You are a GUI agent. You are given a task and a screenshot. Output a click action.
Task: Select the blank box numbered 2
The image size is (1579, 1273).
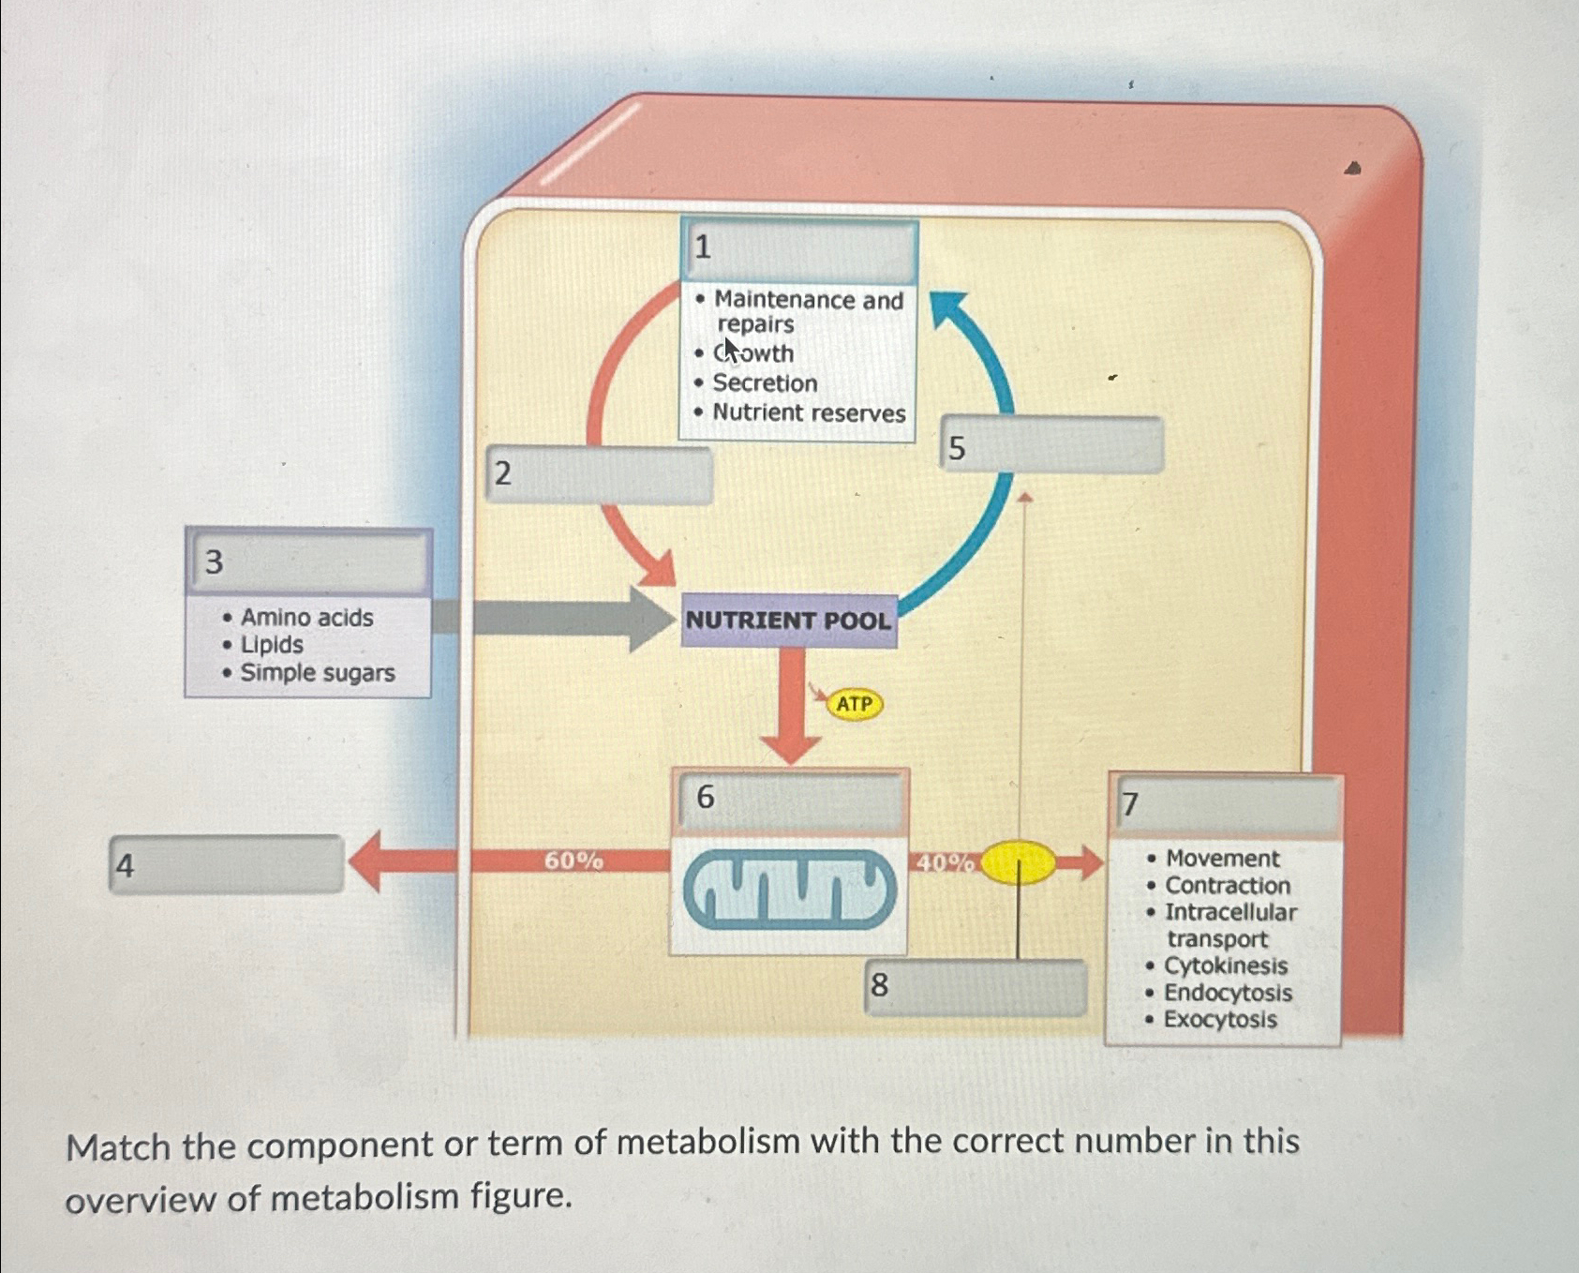pyautogui.click(x=600, y=475)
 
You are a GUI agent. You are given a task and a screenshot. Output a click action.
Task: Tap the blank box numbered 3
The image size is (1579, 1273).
pyautogui.click(x=309, y=562)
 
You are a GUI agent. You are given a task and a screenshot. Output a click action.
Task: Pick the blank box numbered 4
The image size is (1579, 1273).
pyautogui.click(x=227, y=864)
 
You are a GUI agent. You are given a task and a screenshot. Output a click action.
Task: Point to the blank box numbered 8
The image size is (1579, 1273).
pyautogui.click(x=976, y=986)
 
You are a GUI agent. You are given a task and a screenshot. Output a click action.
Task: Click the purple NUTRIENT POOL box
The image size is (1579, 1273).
pyautogui.click(x=788, y=621)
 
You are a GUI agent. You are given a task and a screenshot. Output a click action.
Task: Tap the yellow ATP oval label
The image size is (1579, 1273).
pyautogui.click(x=854, y=704)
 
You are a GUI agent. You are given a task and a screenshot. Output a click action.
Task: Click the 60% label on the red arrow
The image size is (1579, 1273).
pyautogui.click(x=574, y=861)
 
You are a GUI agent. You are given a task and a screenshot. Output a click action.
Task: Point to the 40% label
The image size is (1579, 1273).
pyautogui.click(x=945, y=862)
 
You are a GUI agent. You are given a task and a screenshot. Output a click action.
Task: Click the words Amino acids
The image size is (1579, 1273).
pyautogui.click(x=306, y=618)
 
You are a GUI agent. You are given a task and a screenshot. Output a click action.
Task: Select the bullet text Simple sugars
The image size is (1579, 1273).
pyautogui.click(x=317, y=673)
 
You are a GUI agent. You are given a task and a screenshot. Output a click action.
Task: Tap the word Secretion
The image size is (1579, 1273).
pyautogui.click(x=765, y=383)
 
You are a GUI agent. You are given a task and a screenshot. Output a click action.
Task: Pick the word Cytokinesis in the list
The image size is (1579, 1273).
pyautogui.click(x=1226, y=966)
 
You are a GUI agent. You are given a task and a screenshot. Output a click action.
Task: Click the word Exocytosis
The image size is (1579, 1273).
pyautogui.click(x=1220, y=1020)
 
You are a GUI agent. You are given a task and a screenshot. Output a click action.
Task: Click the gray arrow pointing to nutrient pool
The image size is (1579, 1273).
pyautogui.click(x=562, y=619)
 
